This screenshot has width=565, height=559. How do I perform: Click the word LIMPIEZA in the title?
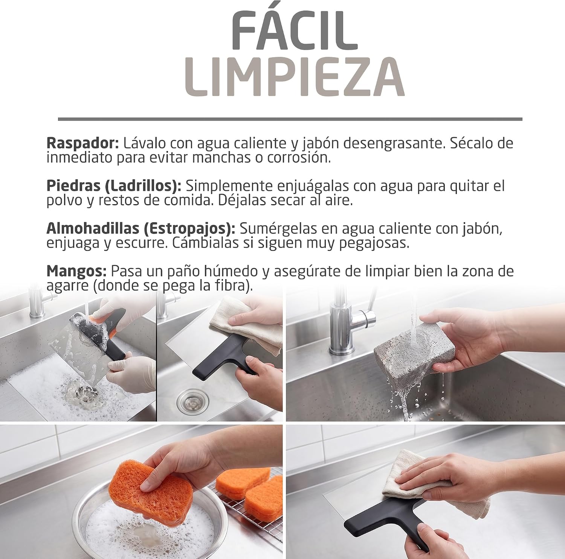point(295,77)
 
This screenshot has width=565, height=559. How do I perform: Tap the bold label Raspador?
point(83,144)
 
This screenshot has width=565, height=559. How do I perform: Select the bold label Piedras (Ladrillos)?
point(114,186)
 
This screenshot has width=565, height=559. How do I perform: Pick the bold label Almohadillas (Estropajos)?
point(141,229)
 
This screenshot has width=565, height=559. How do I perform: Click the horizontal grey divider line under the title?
point(290,119)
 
